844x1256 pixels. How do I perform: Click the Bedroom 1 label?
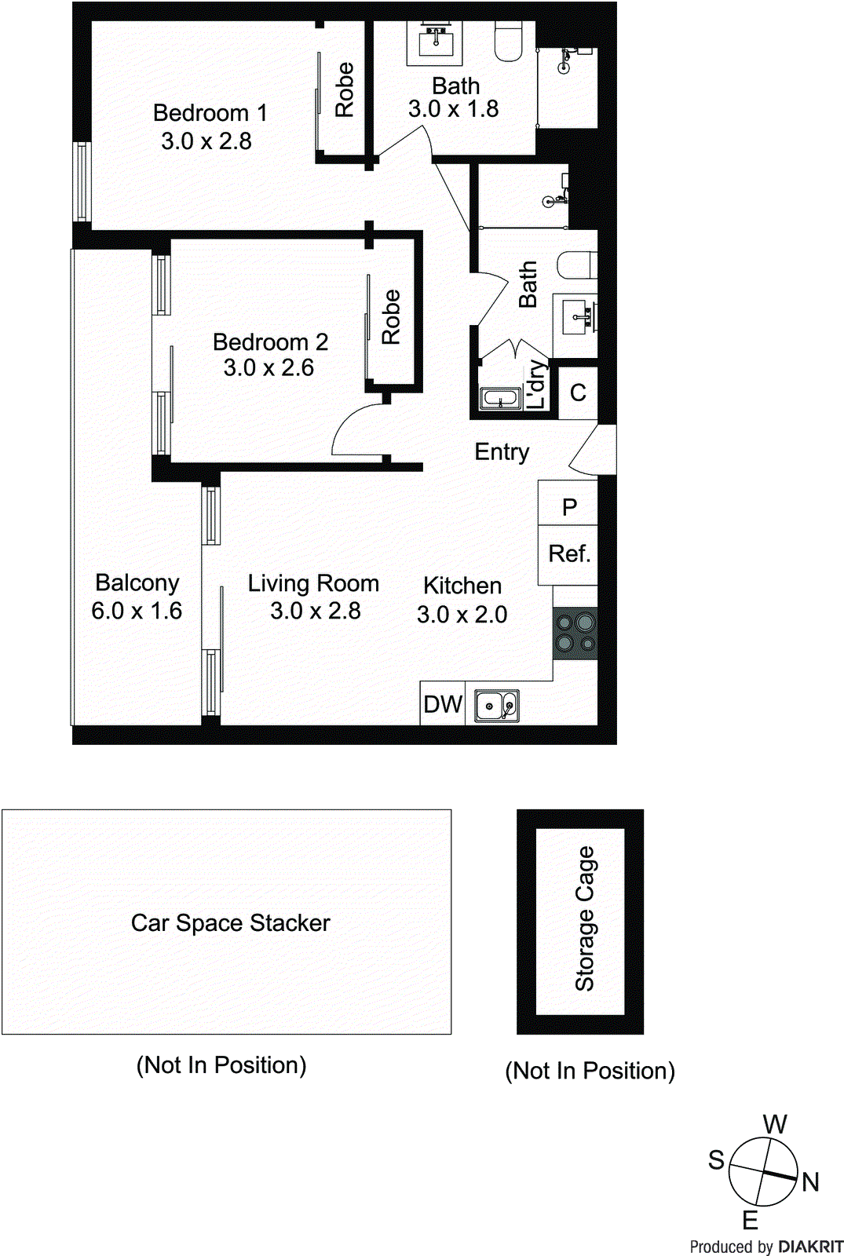coord(210,113)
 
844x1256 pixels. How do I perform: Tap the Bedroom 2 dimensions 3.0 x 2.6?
coord(269,367)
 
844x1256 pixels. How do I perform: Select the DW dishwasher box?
coord(443,703)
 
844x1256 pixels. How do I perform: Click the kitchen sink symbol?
coord(497,705)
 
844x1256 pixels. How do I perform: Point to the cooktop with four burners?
coord(575,634)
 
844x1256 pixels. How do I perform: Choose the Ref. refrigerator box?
coord(568,554)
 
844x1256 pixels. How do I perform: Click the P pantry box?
coord(569,506)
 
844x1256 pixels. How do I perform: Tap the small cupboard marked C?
coord(578,392)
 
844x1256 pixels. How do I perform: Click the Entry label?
coord(502,451)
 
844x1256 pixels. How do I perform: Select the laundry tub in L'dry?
coord(501,399)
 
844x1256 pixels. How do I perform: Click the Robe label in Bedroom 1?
coord(344,89)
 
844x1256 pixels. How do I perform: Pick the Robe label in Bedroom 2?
coord(391,317)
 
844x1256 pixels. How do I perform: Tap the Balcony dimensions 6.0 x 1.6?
coord(137,611)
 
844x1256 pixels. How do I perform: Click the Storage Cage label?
coord(585,918)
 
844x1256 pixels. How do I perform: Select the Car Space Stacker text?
coord(230,922)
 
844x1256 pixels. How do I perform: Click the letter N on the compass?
coord(810,1181)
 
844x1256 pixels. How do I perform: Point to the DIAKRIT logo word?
coord(811,1247)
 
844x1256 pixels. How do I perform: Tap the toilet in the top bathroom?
coord(510,41)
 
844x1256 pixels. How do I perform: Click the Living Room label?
coord(313,583)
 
